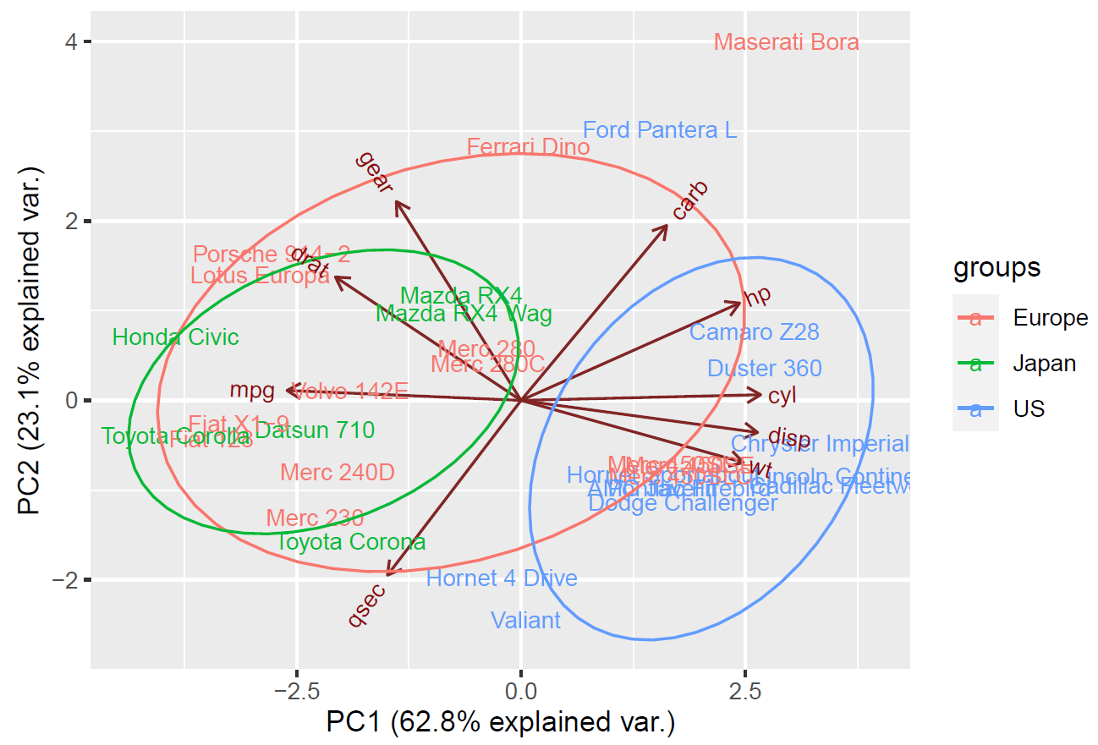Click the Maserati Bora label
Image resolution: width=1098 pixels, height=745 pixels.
click(786, 42)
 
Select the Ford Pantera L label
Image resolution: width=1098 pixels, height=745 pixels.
click(660, 130)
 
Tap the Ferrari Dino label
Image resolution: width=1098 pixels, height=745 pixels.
click(528, 147)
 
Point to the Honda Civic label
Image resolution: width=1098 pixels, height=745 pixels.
click(176, 337)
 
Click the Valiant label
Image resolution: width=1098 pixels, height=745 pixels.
click(525, 621)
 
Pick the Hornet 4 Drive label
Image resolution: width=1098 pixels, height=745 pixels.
click(502, 578)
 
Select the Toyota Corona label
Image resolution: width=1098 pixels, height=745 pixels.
click(351, 542)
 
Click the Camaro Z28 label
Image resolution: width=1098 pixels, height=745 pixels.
click(754, 332)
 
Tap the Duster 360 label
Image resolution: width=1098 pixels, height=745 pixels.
click(764, 369)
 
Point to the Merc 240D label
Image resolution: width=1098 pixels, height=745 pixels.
click(338, 472)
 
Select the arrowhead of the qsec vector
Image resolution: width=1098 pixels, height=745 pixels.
click(389, 574)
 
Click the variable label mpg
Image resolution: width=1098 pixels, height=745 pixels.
click(252, 391)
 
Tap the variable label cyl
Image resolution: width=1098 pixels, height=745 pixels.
click(783, 395)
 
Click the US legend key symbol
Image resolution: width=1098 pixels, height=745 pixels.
click(975, 409)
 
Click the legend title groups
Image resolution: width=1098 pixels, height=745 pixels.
click(996, 268)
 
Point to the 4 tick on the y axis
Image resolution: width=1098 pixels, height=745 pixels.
click(73, 41)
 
